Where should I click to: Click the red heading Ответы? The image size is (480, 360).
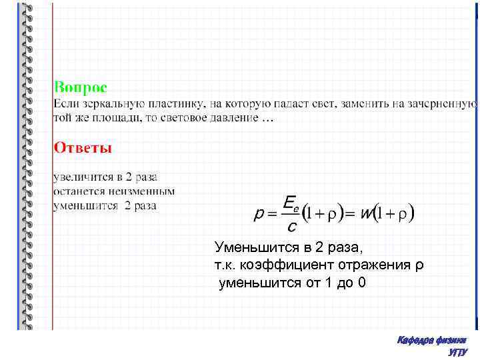(x=83, y=147)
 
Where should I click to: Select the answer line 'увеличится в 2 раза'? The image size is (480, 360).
(x=105, y=177)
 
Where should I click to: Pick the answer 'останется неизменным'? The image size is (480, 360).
(x=113, y=191)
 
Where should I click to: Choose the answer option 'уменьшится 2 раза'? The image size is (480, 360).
(x=105, y=205)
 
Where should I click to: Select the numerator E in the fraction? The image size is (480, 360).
(x=289, y=202)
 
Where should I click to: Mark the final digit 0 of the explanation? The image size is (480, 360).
(x=362, y=283)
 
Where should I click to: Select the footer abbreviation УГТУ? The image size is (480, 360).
(x=458, y=352)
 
